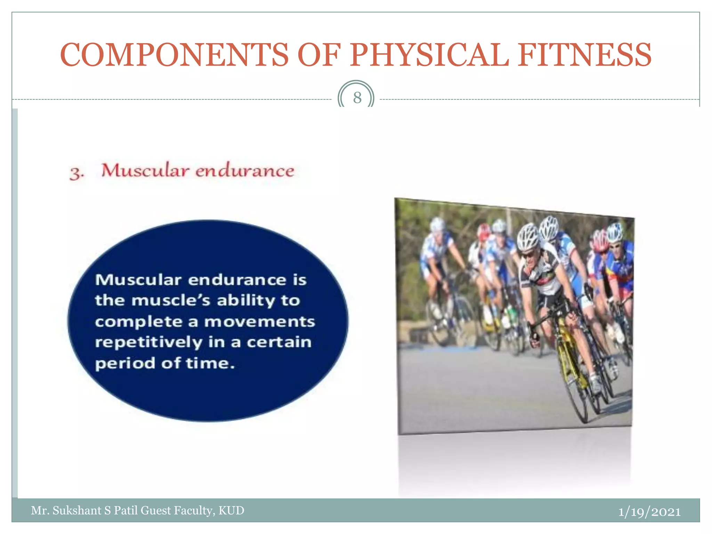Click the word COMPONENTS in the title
click(x=174, y=55)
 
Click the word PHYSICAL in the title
click(x=429, y=55)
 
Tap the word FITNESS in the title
click(x=585, y=55)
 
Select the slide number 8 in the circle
click(x=357, y=98)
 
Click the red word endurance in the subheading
click(x=245, y=171)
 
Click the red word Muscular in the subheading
click(x=145, y=171)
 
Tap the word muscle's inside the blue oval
click(x=171, y=300)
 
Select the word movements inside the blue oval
click(x=259, y=322)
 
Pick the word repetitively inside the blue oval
click(x=148, y=342)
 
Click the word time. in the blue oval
click(x=210, y=363)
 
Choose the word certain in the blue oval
click(x=279, y=342)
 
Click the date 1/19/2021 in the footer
click(x=649, y=512)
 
